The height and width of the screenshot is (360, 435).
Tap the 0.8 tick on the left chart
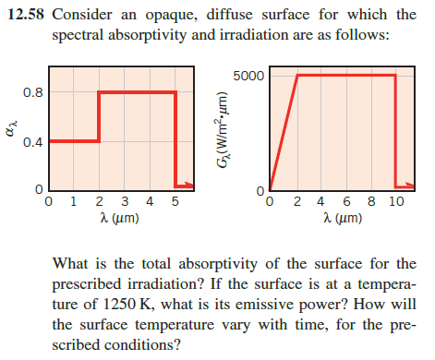coord(30,92)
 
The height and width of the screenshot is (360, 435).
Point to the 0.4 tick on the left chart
coord(30,141)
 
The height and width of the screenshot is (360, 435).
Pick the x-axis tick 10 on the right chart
coord(395,202)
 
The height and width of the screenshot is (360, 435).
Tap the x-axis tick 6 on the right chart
coord(345,202)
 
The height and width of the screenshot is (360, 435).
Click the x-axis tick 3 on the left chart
coord(125,202)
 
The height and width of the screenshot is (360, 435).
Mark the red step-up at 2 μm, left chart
coord(99,116)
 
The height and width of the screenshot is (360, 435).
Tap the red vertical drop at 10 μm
coord(395,129)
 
